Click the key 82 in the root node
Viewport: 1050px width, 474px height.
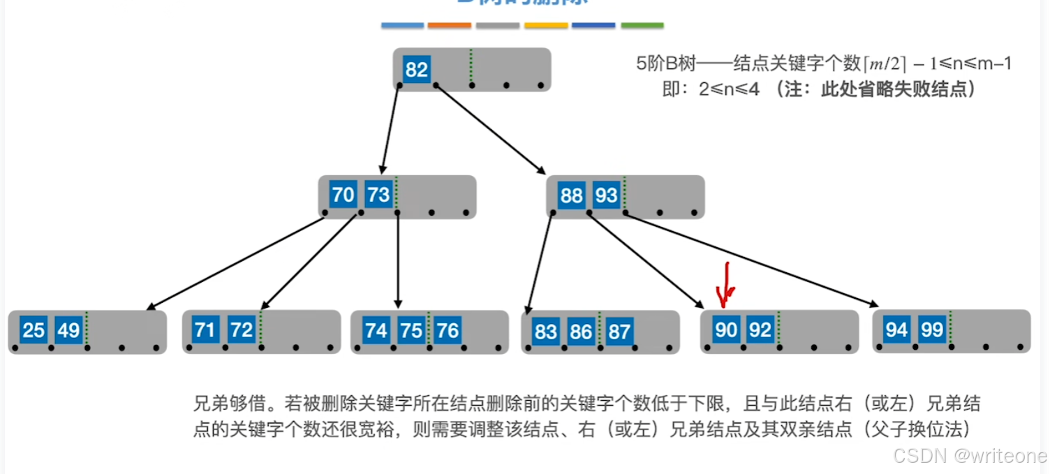(x=417, y=70)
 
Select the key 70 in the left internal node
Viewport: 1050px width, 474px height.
(x=343, y=194)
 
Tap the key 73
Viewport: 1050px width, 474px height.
(x=378, y=194)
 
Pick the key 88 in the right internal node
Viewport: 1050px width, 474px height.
(x=571, y=195)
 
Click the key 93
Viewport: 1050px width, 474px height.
(x=606, y=195)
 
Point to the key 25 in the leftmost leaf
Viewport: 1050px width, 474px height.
(x=34, y=329)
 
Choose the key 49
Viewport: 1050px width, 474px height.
(x=68, y=329)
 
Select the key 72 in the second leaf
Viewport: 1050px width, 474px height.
(x=242, y=329)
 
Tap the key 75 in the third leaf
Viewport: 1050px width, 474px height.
(x=411, y=329)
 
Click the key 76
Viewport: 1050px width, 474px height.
(x=447, y=329)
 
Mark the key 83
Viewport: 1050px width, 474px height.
(x=546, y=331)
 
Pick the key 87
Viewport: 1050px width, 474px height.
(x=619, y=331)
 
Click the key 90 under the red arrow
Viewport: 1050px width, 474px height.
(x=726, y=329)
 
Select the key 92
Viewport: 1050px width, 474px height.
(x=760, y=329)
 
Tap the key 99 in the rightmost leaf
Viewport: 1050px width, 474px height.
(x=932, y=329)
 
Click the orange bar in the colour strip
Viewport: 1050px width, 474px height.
(x=449, y=25)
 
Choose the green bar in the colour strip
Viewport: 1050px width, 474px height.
(x=642, y=25)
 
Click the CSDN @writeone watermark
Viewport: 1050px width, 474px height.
(x=970, y=456)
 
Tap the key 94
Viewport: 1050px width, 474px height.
(x=897, y=329)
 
